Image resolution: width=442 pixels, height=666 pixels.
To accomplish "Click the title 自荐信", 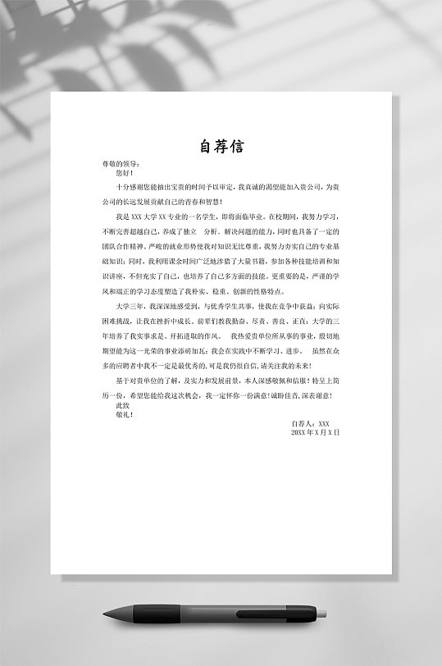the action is click(x=221, y=147).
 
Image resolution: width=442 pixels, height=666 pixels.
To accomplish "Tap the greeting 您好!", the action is click(x=124, y=173).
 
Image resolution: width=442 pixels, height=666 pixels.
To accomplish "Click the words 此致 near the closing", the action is click(x=123, y=405).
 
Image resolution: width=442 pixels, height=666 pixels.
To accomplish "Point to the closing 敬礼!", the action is click(x=124, y=414).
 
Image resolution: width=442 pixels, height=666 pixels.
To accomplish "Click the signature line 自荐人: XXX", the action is click(x=310, y=423).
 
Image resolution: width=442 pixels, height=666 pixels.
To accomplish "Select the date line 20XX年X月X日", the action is click(x=315, y=431).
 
